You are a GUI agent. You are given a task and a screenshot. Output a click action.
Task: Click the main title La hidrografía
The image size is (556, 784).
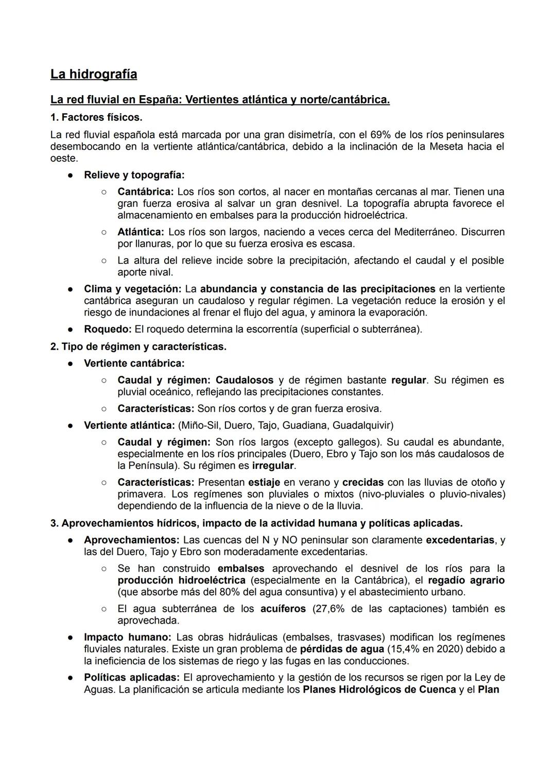pos(94,75)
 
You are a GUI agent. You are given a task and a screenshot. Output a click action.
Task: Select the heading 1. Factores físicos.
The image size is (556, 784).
pos(96,117)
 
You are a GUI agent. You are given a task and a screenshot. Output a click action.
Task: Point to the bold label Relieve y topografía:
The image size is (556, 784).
pos(134,175)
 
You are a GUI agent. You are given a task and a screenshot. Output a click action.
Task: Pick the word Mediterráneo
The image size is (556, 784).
pos(425,232)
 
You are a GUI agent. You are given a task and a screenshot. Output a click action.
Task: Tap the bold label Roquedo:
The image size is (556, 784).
pos(108,329)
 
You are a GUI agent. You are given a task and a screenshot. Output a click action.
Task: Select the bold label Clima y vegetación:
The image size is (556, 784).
pos(132,289)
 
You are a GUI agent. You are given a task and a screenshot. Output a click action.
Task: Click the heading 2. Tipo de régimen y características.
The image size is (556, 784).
pos(138,347)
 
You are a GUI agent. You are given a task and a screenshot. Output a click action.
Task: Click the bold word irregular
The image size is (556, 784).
pos(273,466)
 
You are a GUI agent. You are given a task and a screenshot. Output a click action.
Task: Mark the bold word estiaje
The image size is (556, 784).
pos(264,482)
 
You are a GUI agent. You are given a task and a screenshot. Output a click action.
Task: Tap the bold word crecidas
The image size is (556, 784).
pos(363,482)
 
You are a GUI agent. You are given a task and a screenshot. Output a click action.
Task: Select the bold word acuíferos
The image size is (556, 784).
pos(283,609)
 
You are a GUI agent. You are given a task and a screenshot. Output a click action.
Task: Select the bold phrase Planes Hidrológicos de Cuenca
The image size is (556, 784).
pos(379,689)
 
